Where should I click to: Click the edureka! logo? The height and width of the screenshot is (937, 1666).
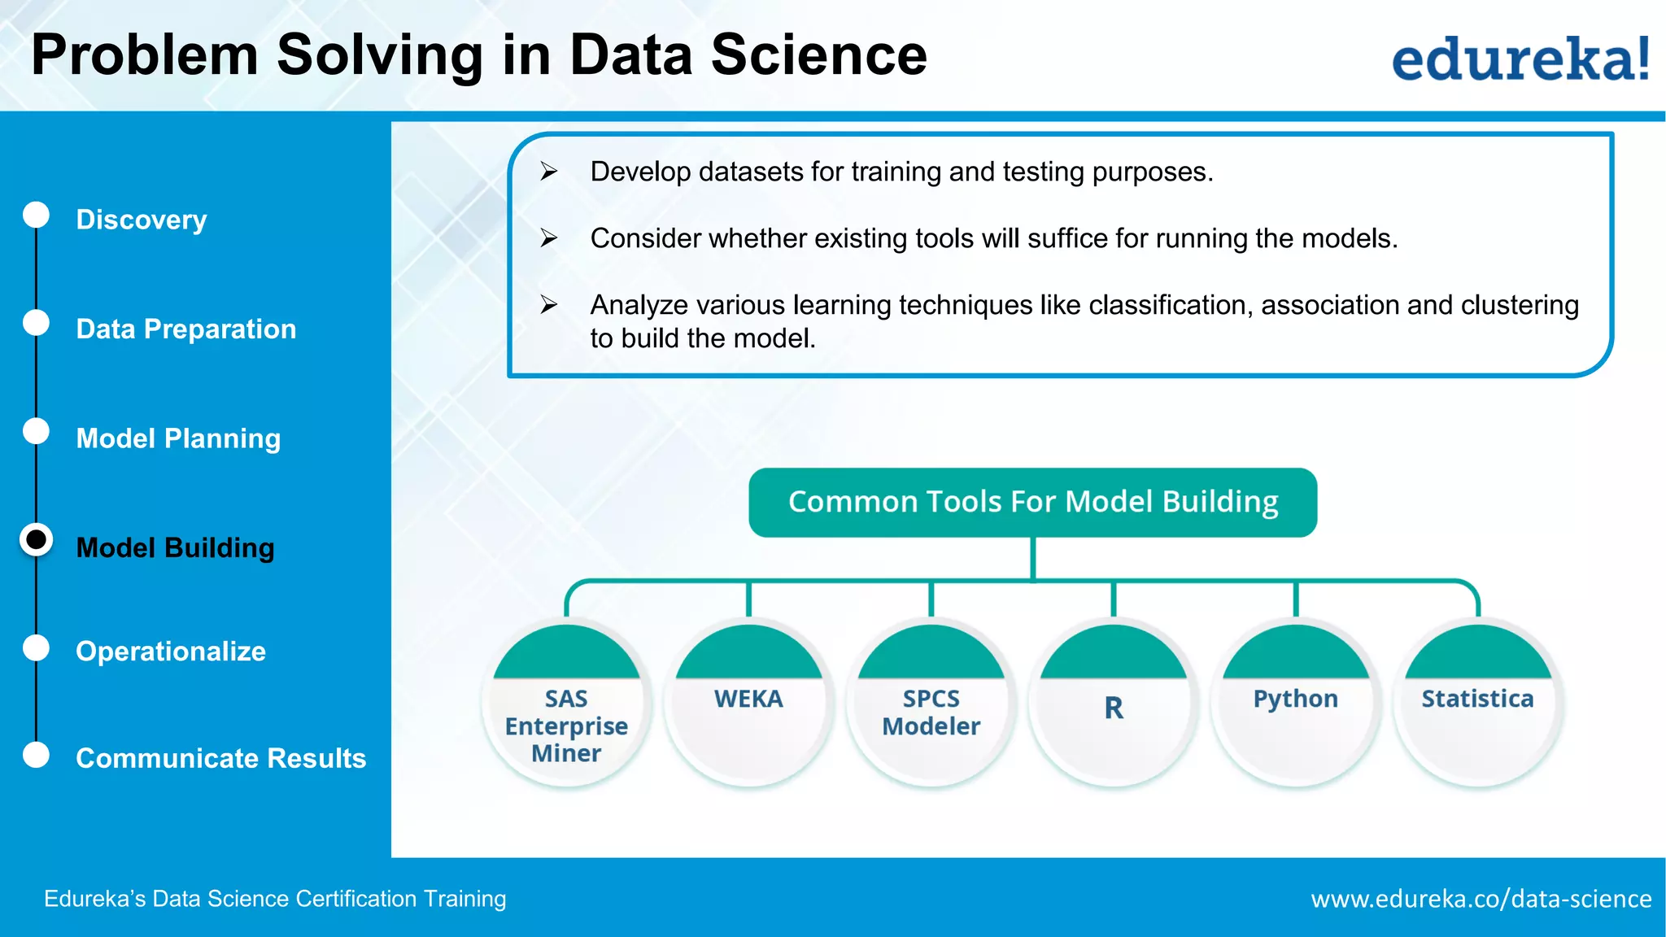[x=1520, y=59]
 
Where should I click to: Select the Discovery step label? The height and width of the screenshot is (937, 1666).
[x=142, y=220]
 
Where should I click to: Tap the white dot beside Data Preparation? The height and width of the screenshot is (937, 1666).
[x=36, y=323]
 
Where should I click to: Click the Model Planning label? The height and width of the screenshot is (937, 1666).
[x=178, y=438]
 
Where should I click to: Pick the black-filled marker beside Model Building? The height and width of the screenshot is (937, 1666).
[x=37, y=540]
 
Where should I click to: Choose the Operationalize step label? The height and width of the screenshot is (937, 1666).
[x=171, y=652]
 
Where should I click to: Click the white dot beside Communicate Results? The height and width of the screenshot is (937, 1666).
[x=36, y=755]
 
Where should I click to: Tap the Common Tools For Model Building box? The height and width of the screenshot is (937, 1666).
[x=1032, y=502]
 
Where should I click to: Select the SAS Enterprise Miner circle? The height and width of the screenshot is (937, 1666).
[x=566, y=704]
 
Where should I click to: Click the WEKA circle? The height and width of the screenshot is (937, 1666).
[x=748, y=704]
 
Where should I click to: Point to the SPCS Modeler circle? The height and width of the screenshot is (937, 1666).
[x=931, y=704]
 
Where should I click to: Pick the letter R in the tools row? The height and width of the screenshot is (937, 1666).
[x=1114, y=708]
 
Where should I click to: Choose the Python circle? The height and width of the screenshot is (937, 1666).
[x=1296, y=704]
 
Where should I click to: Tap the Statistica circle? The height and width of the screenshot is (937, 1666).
[x=1478, y=704]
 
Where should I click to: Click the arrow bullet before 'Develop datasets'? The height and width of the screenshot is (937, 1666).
[x=549, y=171]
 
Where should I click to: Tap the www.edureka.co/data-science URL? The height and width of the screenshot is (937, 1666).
[x=1481, y=899]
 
